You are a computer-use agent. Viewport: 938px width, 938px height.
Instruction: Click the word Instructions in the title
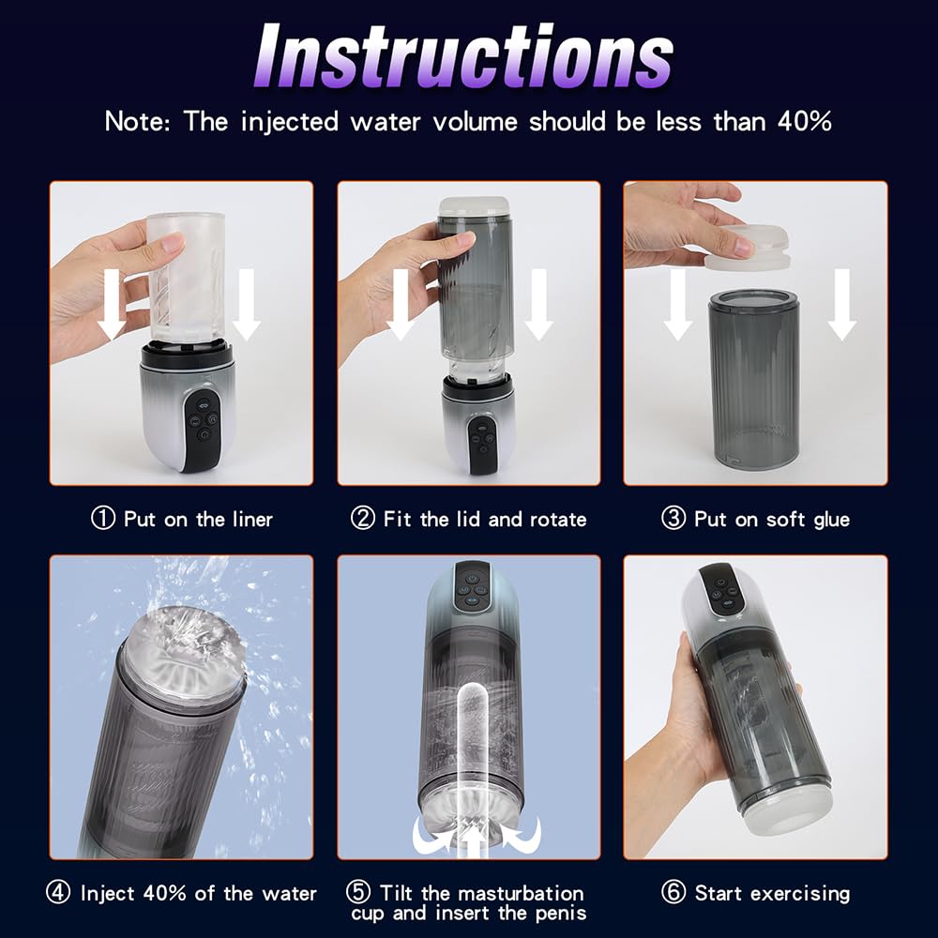(x=464, y=57)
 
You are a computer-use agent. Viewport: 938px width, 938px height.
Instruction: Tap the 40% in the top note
(x=805, y=121)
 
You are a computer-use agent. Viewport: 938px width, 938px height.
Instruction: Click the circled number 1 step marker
(x=102, y=518)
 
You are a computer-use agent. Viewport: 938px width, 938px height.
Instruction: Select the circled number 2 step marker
(x=362, y=518)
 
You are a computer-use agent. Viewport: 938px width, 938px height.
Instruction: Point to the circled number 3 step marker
(x=673, y=518)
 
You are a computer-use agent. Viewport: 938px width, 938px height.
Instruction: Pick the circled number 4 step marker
(x=58, y=893)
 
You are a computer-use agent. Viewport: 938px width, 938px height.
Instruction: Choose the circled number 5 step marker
(x=357, y=892)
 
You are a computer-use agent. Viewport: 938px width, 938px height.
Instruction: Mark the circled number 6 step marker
(x=673, y=893)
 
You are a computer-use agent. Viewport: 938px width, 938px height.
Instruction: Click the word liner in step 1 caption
(x=250, y=519)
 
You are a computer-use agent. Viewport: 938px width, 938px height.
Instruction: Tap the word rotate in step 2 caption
(x=558, y=519)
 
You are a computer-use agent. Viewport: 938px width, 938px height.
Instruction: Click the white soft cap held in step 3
(x=748, y=247)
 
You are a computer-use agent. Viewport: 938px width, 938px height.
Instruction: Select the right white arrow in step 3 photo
(x=841, y=305)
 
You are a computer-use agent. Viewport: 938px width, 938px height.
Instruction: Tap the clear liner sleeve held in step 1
(x=186, y=279)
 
